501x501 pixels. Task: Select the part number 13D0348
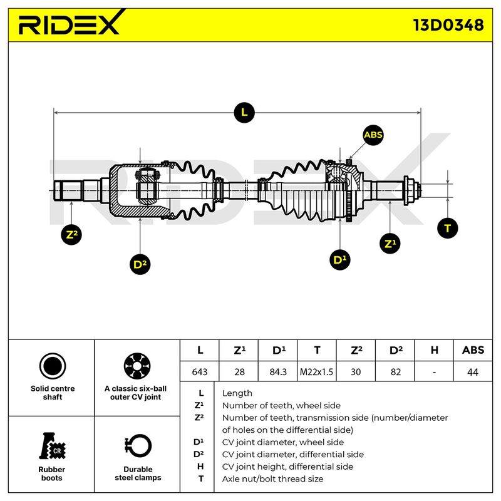click(x=448, y=25)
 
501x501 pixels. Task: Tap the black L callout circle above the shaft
click(x=244, y=113)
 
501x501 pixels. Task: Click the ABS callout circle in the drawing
click(x=373, y=135)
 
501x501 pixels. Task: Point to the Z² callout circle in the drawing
click(x=71, y=234)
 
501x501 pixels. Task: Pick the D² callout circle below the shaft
click(x=140, y=264)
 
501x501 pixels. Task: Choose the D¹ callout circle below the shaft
click(x=339, y=259)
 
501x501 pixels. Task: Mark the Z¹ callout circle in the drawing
click(x=390, y=244)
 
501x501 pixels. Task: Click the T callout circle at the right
click(x=447, y=228)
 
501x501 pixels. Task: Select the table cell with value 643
click(x=200, y=371)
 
